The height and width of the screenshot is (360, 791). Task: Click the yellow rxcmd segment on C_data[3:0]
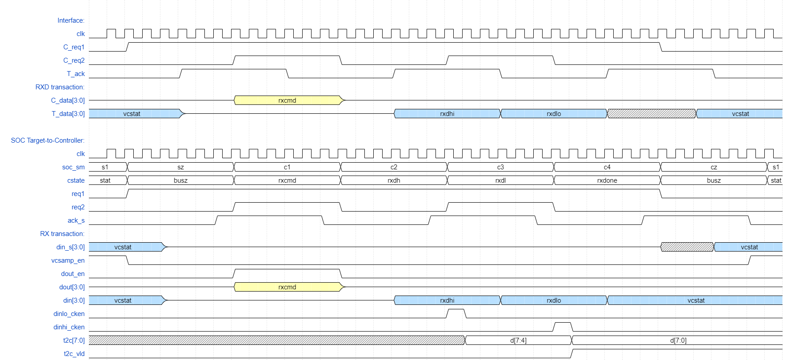(288, 100)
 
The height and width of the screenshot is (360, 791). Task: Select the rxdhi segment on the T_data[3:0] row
(447, 114)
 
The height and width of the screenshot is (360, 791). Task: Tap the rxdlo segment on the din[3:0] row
(554, 300)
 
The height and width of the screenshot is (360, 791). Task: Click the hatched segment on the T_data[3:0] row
(651, 114)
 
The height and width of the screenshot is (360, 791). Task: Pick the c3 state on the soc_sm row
(500, 167)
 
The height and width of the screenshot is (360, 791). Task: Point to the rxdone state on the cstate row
(607, 180)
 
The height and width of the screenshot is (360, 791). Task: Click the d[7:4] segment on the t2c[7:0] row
(518, 340)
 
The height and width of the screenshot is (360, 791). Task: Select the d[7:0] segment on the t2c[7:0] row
(678, 340)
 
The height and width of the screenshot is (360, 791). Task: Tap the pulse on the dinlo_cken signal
(456, 313)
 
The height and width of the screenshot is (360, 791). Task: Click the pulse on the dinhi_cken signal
(563, 326)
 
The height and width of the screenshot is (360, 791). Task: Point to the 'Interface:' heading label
(71, 20)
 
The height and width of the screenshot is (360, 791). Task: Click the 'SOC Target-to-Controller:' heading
(48, 140)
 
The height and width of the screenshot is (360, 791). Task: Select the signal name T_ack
(76, 74)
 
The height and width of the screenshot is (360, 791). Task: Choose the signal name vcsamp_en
(68, 260)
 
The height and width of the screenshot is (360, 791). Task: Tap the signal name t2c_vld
(74, 354)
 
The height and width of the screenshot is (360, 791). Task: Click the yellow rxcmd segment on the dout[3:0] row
(288, 287)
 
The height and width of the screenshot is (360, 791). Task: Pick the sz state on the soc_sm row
(180, 167)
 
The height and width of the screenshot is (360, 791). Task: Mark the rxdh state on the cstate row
(394, 180)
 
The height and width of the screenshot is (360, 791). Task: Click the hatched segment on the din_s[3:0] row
(687, 247)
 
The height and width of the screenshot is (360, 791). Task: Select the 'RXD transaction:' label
(60, 87)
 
